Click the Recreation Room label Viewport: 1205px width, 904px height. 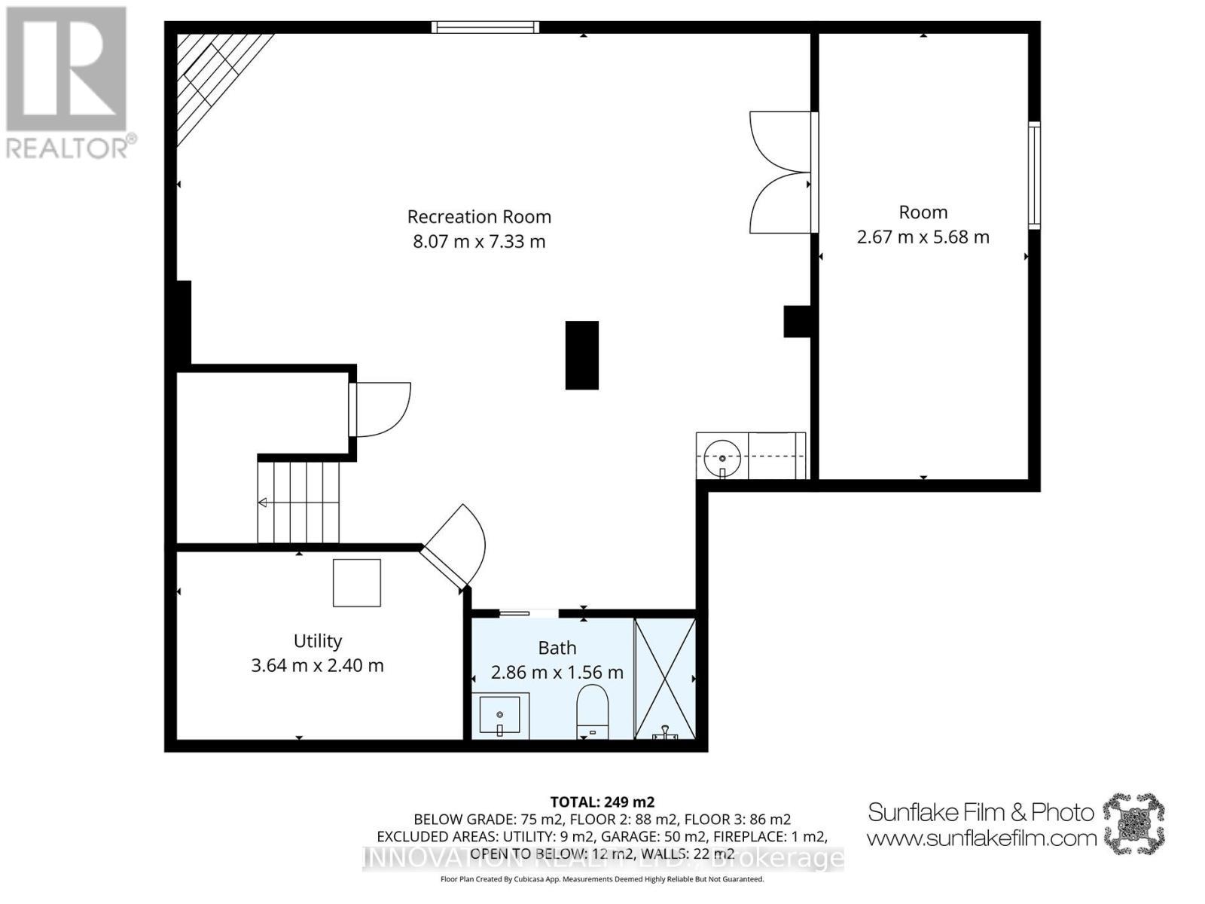[479, 217]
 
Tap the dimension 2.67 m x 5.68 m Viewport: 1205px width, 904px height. [923, 237]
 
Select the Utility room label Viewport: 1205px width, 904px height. [317, 641]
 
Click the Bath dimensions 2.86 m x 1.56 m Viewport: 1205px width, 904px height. [557, 673]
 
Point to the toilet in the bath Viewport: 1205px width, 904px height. [592, 710]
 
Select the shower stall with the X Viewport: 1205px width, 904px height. [664, 678]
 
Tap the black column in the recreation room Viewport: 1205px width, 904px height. [581, 355]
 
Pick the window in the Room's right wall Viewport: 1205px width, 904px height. [1034, 175]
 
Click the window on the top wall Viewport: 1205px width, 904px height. [486, 28]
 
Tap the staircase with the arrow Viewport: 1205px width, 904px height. [298, 502]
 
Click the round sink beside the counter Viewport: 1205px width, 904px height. [721, 457]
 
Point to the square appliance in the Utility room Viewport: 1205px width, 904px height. [356, 582]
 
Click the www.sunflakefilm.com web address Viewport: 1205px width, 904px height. [981, 838]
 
